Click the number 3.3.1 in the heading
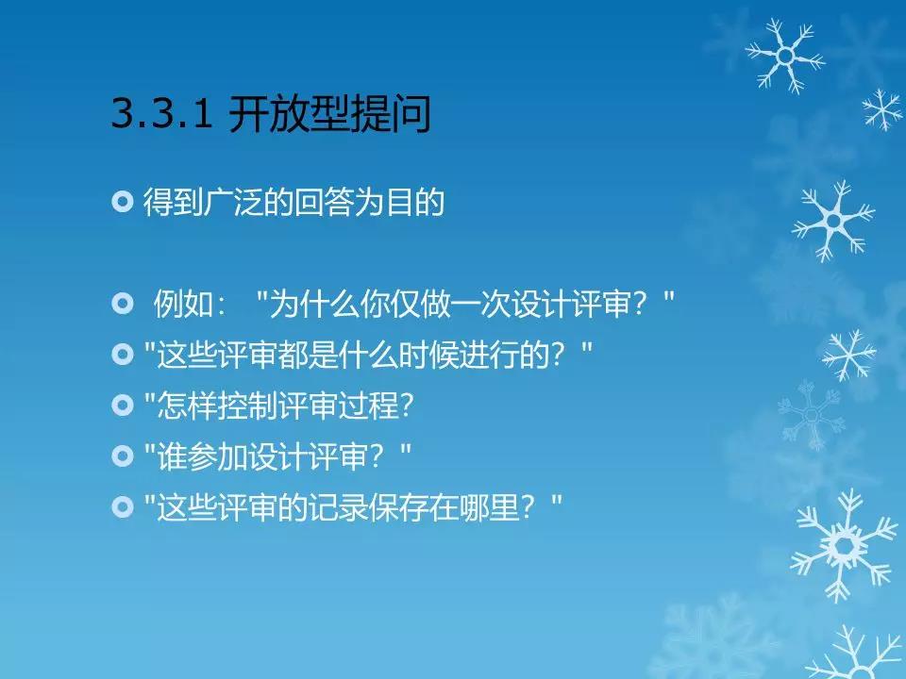[x=161, y=112]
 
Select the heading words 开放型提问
[x=330, y=113]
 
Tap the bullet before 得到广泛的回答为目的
[x=122, y=202]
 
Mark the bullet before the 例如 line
[x=122, y=303]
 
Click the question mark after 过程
[x=407, y=406]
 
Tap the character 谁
[x=172, y=456]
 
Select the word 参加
[x=217, y=456]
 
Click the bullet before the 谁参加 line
[x=122, y=456]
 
